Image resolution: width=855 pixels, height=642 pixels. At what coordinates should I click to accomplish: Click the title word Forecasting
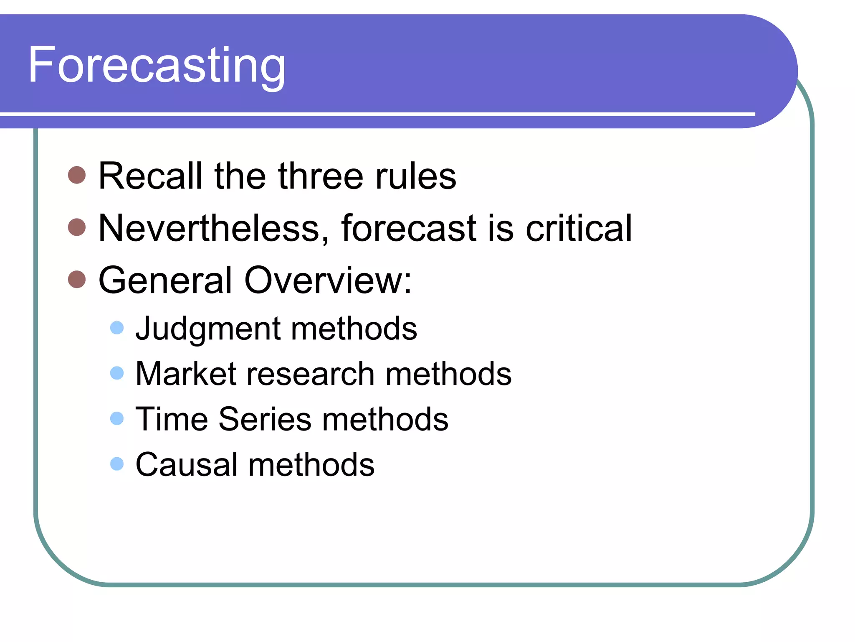pos(157,66)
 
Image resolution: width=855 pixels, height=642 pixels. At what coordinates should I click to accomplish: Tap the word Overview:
pos(328,280)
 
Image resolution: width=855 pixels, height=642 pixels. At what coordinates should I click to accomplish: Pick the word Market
pos(186,374)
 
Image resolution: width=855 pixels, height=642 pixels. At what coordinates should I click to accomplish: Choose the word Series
pos(265,419)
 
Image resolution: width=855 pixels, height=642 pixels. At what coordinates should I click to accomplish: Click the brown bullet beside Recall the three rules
pos(77,175)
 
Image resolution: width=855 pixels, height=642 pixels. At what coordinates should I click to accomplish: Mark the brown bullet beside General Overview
pos(77,279)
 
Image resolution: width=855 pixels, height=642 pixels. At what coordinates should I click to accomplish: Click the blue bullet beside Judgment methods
pos(117,328)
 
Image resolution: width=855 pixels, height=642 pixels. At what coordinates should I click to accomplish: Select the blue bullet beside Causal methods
pos(117,464)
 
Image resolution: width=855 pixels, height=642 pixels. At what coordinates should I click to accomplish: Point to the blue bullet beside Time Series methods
pos(117,418)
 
